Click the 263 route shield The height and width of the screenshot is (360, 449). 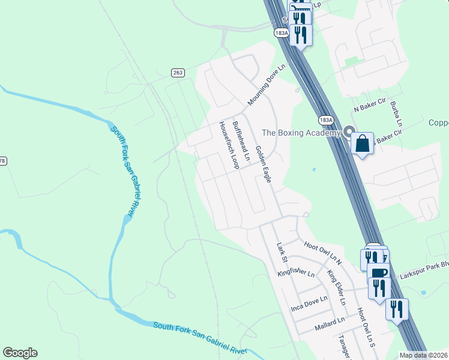pyautogui.click(x=177, y=73)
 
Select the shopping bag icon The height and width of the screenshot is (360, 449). pyautogui.click(x=363, y=144)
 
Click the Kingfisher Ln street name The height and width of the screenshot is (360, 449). pyautogui.click(x=295, y=274)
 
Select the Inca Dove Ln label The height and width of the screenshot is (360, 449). pyautogui.click(x=309, y=302)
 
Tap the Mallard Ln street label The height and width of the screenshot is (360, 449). pyautogui.click(x=331, y=325)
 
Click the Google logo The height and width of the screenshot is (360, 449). pyautogui.click(x=20, y=353)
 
